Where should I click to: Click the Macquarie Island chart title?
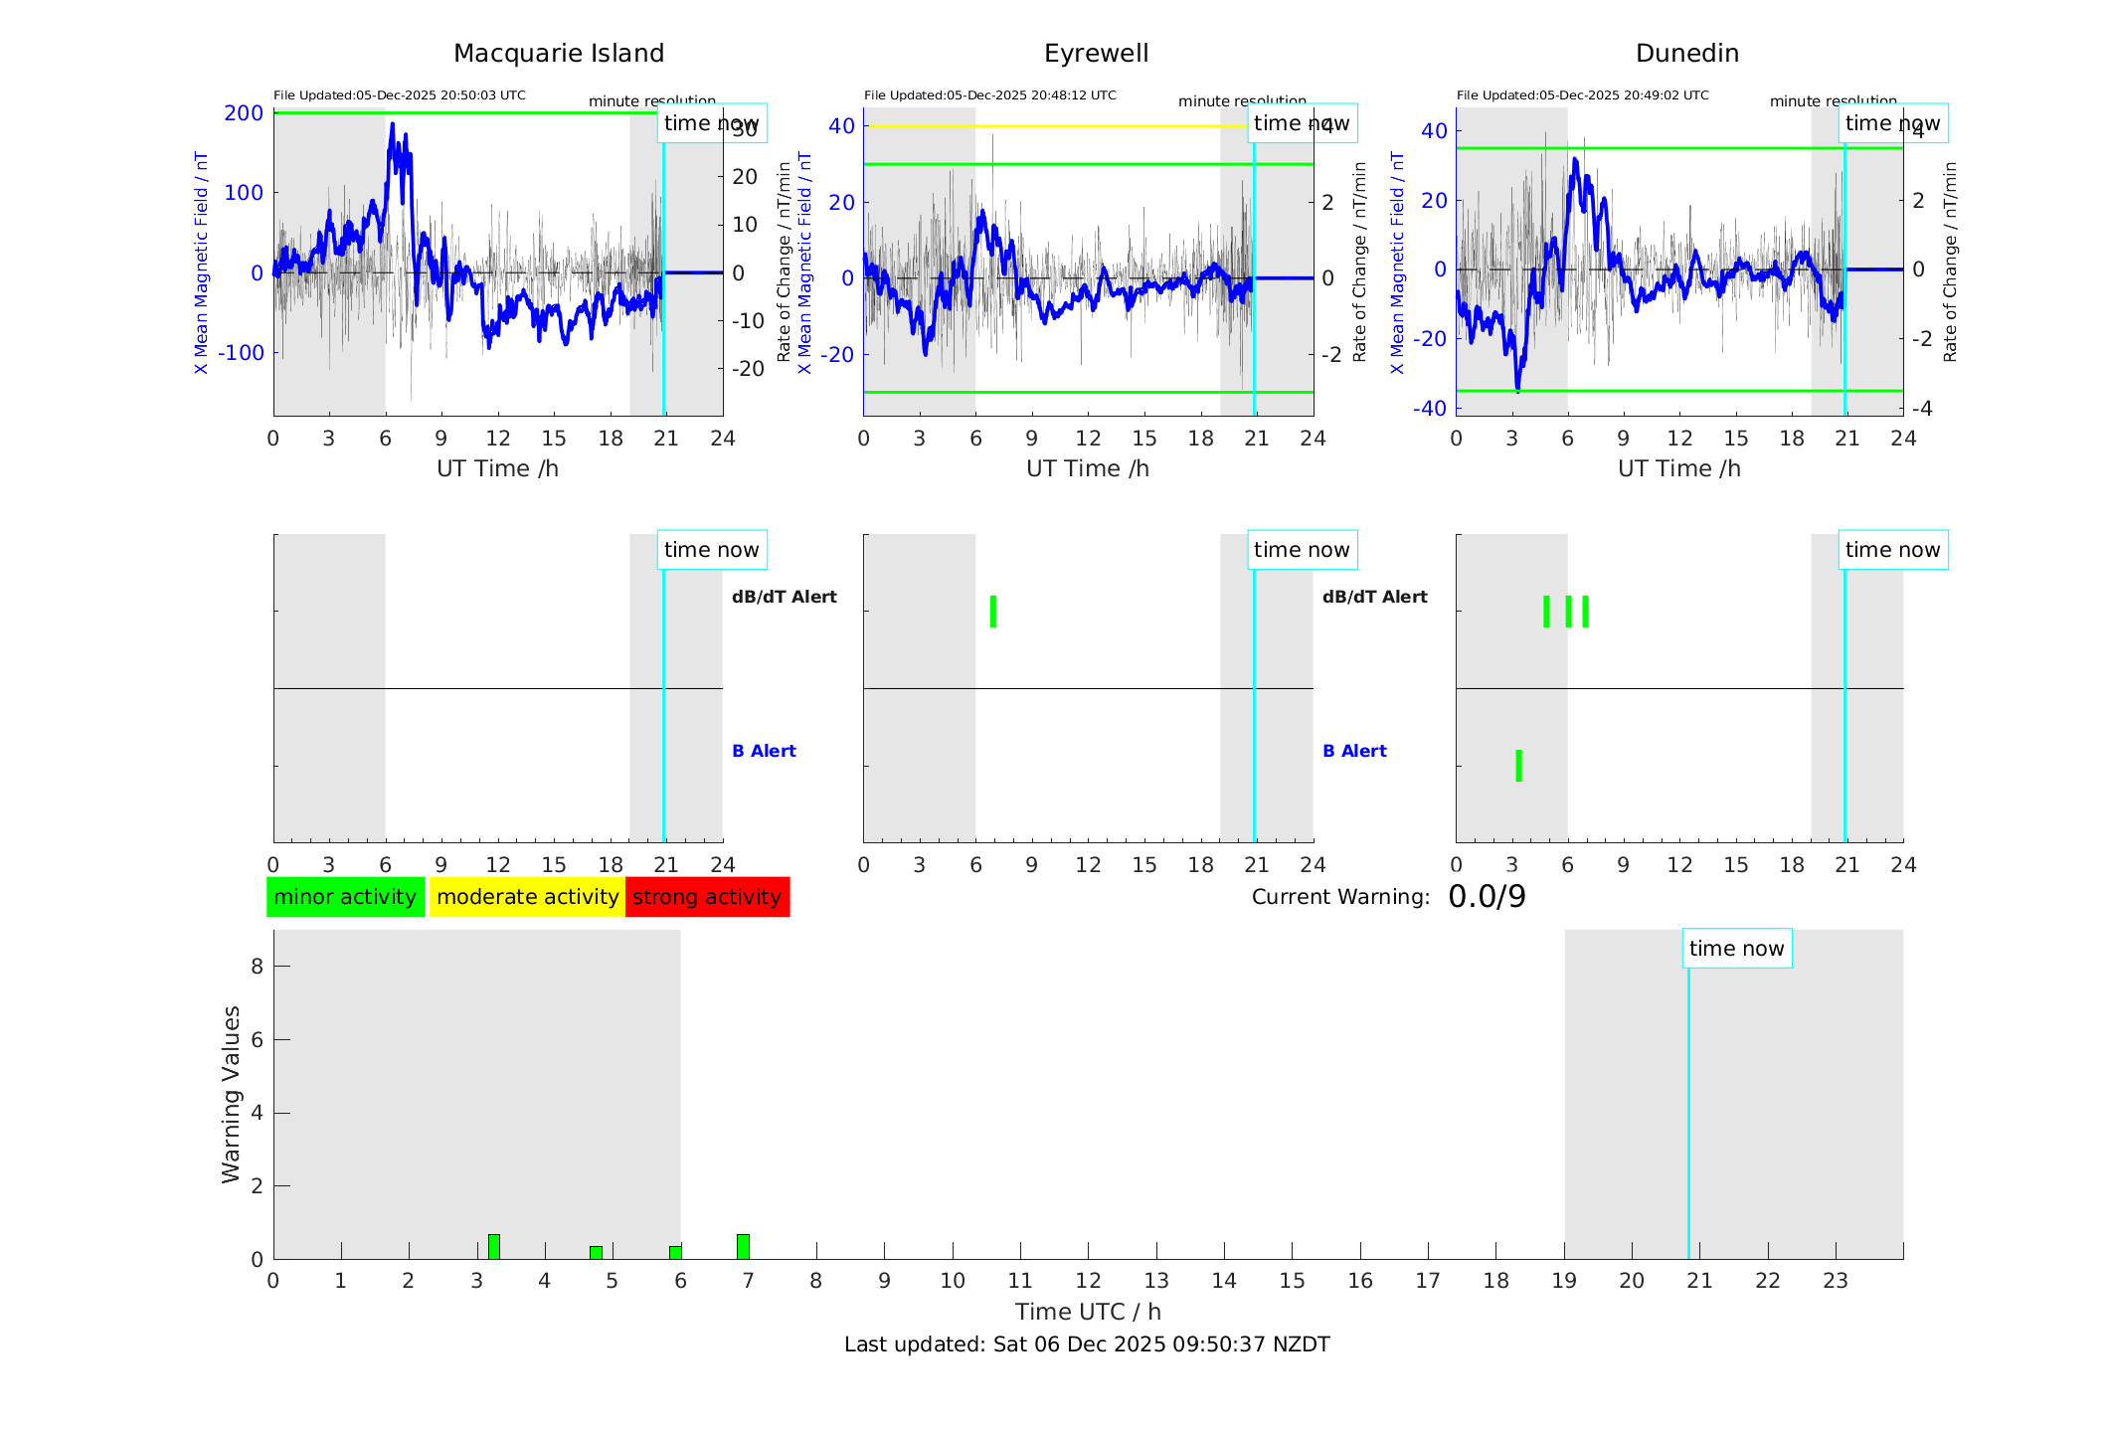(x=558, y=54)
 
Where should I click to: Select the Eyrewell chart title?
(x=1096, y=54)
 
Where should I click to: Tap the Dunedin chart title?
(x=1686, y=54)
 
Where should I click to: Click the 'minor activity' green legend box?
(x=345, y=897)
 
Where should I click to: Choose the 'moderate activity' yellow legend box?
(x=527, y=897)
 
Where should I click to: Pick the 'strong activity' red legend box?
(x=707, y=897)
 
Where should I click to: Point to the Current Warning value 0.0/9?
(x=1487, y=897)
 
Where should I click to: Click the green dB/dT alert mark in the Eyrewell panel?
(x=993, y=612)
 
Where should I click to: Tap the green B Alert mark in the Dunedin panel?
(x=1518, y=766)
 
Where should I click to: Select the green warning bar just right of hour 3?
(x=493, y=1247)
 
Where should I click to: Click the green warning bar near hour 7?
(x=743, y=1247)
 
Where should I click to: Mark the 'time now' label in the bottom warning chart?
(x=1736, y=949)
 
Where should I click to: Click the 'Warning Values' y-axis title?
(x=232, y=1094)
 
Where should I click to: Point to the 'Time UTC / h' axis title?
(x=1088, y=1312)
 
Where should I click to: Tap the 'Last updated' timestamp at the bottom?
(x=1087, y=1344)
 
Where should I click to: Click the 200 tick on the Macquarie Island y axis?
(x=244, y=113)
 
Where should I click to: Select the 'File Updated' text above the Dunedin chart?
(x=1582, y=95)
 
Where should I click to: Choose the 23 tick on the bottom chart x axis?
(x=1836, y=1281)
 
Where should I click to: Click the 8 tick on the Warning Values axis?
(x=257, y=966)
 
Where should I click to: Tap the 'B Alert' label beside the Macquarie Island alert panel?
(x=764, y=751)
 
